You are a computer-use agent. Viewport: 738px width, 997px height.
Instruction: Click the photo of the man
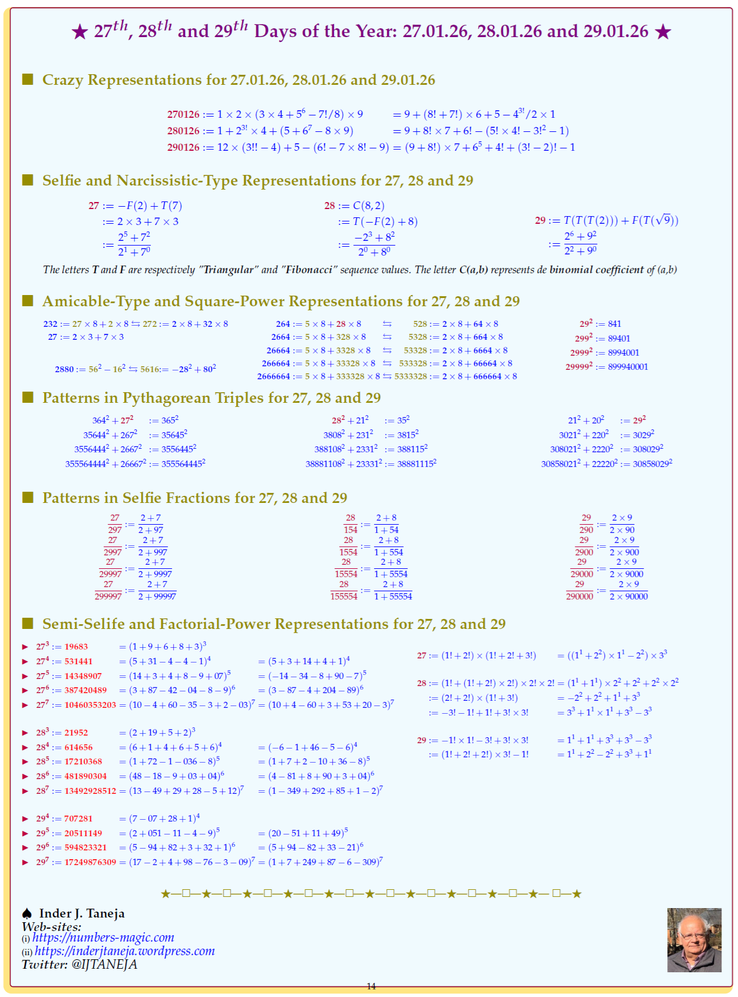pyautogui.click(x=694, y=940)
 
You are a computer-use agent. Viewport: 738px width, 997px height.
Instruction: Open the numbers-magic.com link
pyautogui.click(x=103, y=938)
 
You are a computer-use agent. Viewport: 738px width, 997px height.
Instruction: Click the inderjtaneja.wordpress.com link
pyautogui.click(x=124, y=951)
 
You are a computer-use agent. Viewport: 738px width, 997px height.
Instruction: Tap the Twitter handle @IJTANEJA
pyautogui.click(x=104, y=965)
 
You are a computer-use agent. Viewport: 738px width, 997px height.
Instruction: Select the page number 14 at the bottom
pyautogui.click(x=371, y=986)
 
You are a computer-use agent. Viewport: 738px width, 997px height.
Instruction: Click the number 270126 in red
pyautogui.click(x=183, y=114)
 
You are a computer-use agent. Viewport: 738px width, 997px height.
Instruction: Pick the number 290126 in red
pyautogui.click(x=183, y=147)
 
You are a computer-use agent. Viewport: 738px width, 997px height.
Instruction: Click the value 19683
pyautogui.click(x=76, y=647)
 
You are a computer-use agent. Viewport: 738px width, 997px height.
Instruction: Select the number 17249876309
pyautogui.click(x=90, y=862)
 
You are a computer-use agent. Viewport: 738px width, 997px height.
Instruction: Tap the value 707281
pyautogui.click(x=78, y=819)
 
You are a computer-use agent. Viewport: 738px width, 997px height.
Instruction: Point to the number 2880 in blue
pyautogui.click(x=64, y=369)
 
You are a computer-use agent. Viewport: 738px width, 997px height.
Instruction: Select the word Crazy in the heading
pyautogui.click(x=62, y=80)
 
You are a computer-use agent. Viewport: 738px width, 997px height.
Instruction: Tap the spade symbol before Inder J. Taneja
pyautogui.click(x=27, y=913)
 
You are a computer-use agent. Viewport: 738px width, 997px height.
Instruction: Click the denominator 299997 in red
pyautogui.click(x=108, y=597)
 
